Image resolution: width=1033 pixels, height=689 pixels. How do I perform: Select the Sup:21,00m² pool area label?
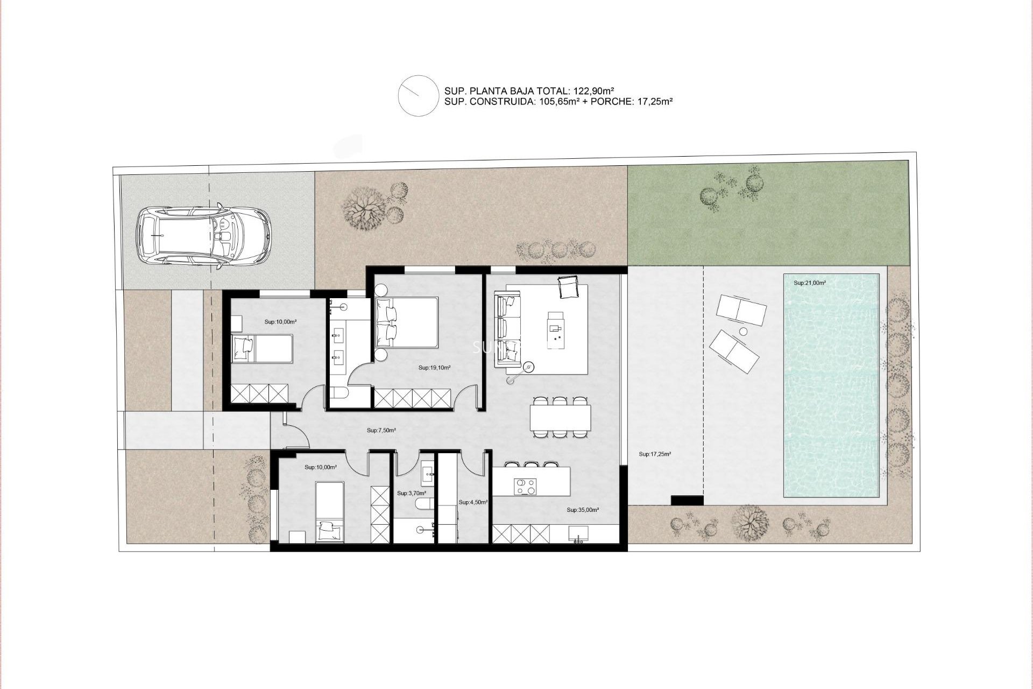(809, 283)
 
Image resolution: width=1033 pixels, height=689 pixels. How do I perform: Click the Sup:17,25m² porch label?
(655, 454)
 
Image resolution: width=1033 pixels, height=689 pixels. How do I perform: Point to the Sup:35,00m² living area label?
(583, 509)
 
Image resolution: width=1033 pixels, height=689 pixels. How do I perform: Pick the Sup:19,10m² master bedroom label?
(434, 368)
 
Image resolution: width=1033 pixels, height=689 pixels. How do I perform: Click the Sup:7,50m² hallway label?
(381, 430)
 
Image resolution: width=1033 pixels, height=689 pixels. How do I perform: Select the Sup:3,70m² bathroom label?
(411, 493)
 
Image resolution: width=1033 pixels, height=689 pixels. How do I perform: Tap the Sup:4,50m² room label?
(473, 502)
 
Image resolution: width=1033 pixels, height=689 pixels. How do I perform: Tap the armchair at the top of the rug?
(568, 287)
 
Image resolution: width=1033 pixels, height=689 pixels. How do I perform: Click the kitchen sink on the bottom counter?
(578, 534)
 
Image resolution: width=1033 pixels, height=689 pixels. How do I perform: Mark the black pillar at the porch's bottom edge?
(687, 500)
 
